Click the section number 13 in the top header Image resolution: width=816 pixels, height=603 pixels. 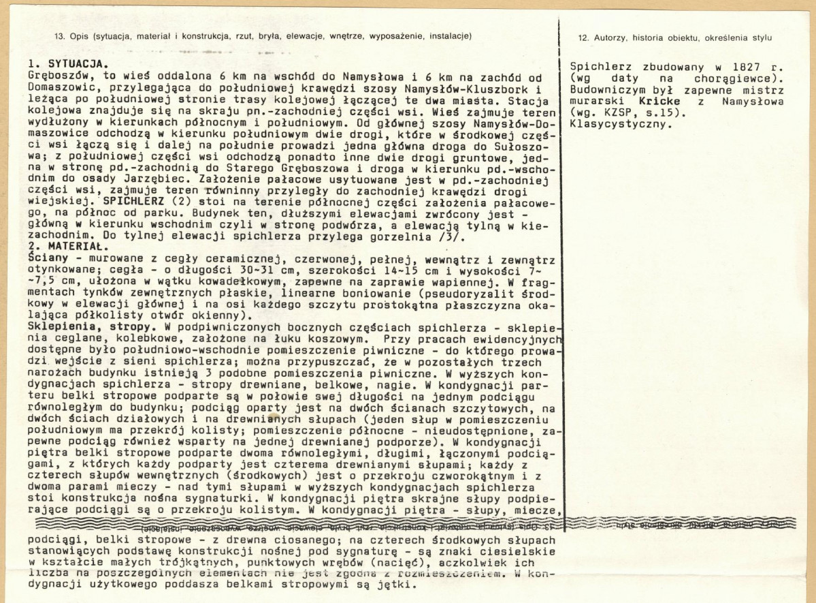coord(59,36)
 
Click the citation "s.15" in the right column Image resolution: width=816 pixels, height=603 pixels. coord(647,113)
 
